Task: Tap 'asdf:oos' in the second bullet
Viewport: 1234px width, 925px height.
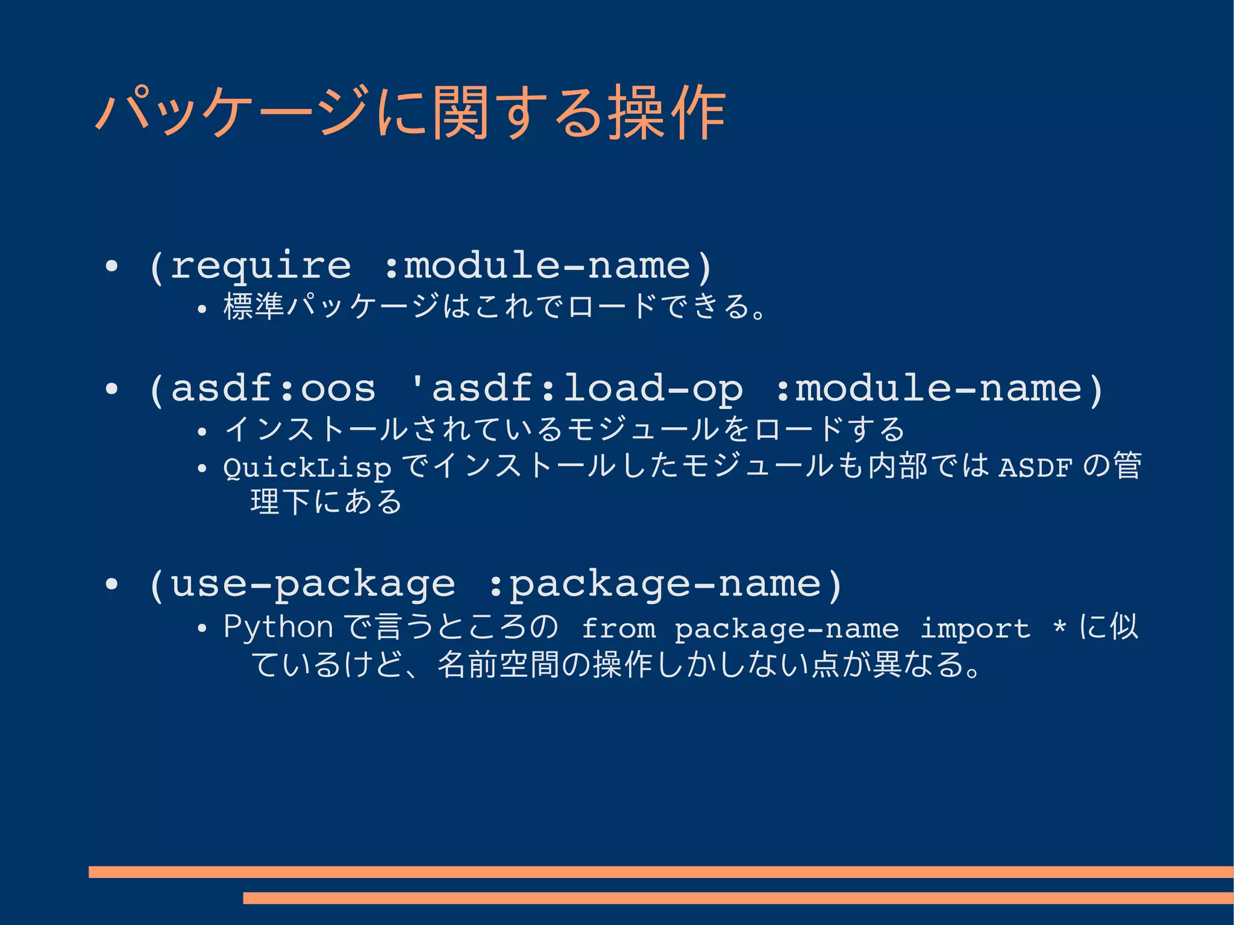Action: pyautogui.click(x=274, y=389)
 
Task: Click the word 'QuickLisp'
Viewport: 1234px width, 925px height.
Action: pyautogui.click(x=307, y=468)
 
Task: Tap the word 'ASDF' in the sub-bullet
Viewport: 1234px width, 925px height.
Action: pyautogui.click(x=1035, y=467)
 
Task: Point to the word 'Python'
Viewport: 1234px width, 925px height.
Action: pyautogui.click(x=278, y=627)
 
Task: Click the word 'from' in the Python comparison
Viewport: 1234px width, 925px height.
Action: pyautogui.click(x=618, y=629)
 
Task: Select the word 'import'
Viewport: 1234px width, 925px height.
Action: pyautogui.click(x=975, y=629)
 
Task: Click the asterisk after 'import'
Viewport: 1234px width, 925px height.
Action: pyautogui.click(x=1059, y=628)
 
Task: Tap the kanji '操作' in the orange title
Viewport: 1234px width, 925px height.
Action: pyautogui.click(x=666, y=113)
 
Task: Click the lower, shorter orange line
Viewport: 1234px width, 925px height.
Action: pyautogui.click(x=738, y=898)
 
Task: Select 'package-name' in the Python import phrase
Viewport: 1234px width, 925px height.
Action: pyautogui.click(x=786, y=629)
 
